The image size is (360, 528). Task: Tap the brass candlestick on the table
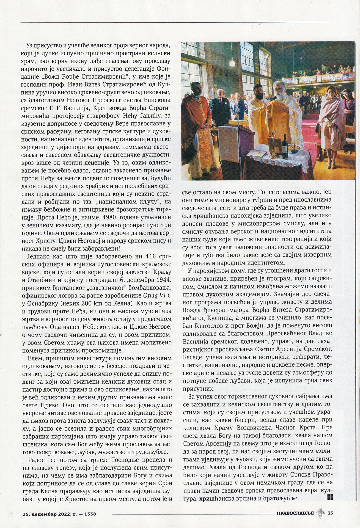(274, 144)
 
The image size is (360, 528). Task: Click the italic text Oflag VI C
(157, 296)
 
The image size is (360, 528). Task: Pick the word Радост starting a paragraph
(39, 460)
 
